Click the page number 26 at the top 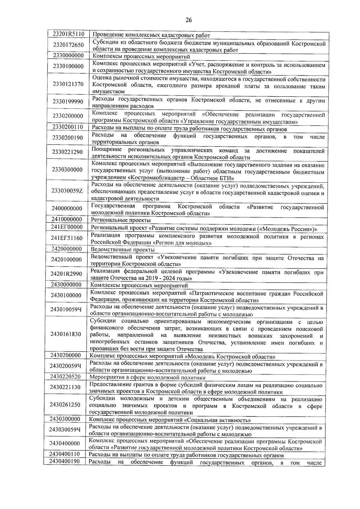click(x=188, y=20)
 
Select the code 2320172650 click(x=68, y=45)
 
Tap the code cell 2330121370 click(x=68, y=84)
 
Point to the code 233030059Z click(x=67, y=191)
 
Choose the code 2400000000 click(x=67, y=208)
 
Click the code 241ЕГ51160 click(x=67, y=238)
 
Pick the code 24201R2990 click(x=66, y=273)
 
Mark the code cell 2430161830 click(x=66, y=334)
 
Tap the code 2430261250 click(x=65, y=405)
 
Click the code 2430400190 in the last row click(x=65, y=470)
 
